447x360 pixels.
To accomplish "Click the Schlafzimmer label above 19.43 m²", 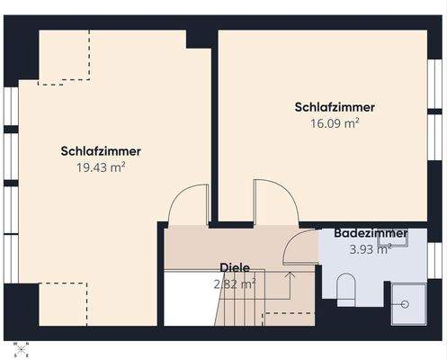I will point(101,150).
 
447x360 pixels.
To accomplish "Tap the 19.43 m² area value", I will point(101,166).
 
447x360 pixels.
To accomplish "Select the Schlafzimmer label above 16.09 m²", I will point(334,107).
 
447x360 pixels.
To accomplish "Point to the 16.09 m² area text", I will point(334,123).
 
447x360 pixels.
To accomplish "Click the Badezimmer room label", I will point(370,233).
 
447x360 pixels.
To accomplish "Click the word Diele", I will point(235,267).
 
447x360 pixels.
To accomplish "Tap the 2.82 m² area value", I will point(235,283).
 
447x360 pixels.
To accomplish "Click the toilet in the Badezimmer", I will point(348,289).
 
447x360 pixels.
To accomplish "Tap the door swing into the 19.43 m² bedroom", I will point(188,202).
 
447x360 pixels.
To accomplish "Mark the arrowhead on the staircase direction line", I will point(290,273).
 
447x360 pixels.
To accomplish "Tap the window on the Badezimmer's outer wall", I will point(439,261).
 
